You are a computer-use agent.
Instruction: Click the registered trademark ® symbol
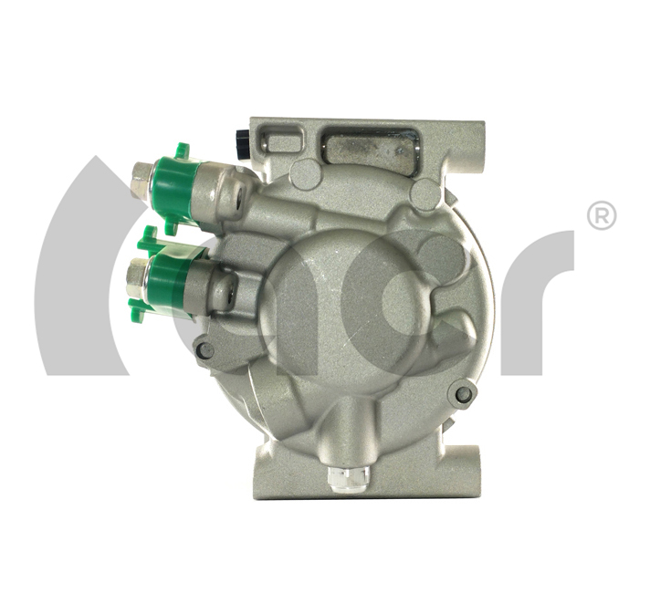pos(602,215)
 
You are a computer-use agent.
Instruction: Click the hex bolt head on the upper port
pos(141,181)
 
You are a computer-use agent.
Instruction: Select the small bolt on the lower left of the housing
pos(206,351)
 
